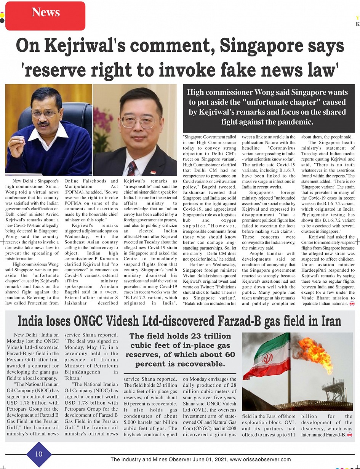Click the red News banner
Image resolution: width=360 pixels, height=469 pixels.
pyautogui.click(x=45, y=13)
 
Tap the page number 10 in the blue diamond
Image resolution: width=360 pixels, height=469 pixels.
pyautogui.click(x=39, y=454)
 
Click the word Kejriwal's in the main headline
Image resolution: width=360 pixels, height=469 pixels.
pyautogui.click(x=85, y=46)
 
